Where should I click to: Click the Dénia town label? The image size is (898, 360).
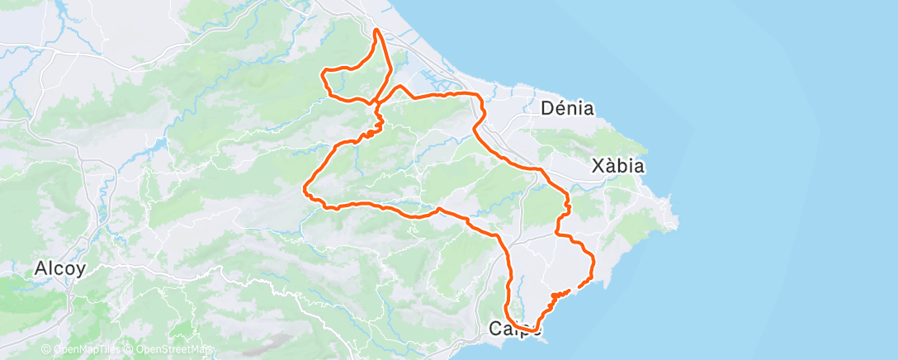(567, 108)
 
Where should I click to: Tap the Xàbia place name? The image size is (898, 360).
(618, 166)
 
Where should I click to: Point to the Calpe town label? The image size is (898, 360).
(515, 329)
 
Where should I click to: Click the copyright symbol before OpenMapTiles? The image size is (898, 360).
(46, 348)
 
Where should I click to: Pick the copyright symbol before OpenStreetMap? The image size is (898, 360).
(130, 348)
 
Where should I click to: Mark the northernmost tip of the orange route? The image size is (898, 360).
(377, 30)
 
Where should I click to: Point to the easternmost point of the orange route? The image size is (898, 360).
(593, 263)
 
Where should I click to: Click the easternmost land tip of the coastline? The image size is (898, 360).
(677, 221)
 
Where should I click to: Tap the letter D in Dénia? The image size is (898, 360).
(546, 108)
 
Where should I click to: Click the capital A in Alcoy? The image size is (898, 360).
(40, 268)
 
